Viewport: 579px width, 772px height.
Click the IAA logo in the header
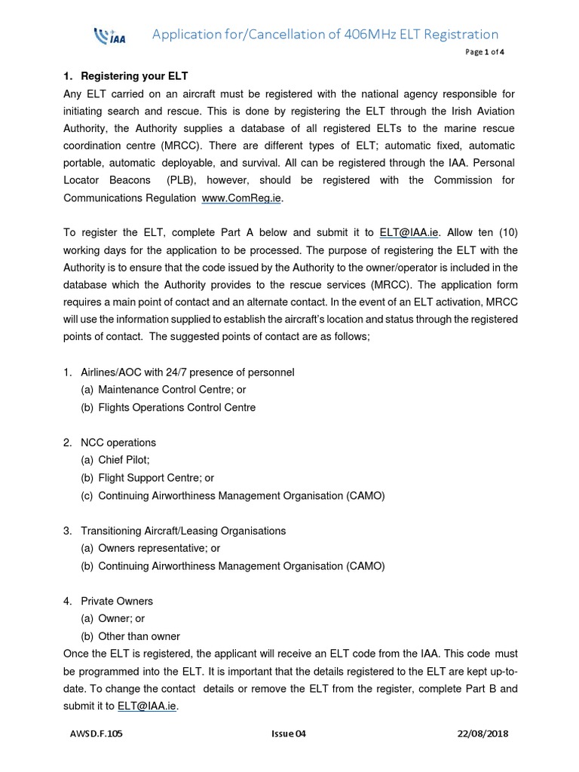109,36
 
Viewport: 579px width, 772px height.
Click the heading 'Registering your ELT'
129,76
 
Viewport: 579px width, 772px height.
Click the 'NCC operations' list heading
116,443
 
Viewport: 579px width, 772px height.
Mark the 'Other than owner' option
139,636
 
